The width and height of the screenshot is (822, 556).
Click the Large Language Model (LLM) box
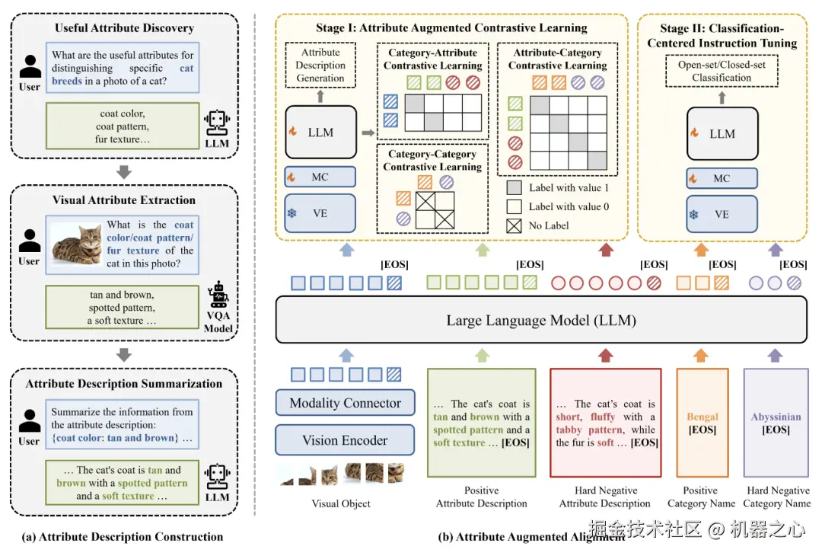540,320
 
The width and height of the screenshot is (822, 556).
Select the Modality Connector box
345,404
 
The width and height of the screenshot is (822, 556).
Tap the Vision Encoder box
345,440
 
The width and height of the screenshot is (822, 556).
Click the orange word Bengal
702,417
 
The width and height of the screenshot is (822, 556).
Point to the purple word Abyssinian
775,417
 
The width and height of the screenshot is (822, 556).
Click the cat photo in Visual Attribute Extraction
76,244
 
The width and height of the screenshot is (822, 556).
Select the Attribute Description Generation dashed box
320,66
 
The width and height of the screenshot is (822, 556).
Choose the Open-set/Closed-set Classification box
722,72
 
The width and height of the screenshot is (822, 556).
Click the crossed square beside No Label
515,225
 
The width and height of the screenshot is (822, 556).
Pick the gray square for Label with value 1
515,187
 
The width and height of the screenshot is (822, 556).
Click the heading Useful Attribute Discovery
124,29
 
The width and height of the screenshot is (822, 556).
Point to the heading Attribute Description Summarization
124,384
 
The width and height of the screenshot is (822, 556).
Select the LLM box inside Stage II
722,133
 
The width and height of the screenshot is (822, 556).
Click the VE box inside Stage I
320,213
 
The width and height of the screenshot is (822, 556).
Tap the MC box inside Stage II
722,178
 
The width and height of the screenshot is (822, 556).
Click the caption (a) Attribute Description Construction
124,537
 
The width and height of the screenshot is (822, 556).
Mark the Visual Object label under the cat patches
342,503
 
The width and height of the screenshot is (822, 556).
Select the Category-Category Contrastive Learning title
432,161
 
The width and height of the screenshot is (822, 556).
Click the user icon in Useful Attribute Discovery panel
30,67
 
